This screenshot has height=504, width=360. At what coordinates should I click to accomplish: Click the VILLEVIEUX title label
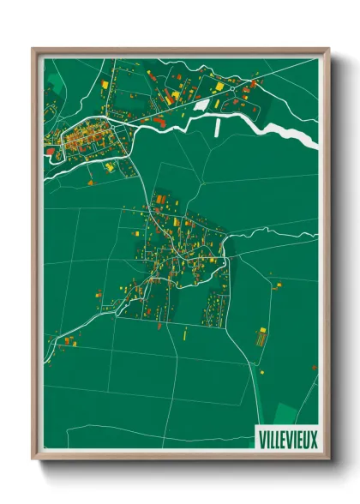287,440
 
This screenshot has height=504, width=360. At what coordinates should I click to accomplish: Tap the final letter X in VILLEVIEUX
314,440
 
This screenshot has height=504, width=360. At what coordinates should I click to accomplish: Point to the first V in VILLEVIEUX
261,440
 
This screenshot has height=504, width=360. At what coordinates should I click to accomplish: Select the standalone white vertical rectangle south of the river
217,128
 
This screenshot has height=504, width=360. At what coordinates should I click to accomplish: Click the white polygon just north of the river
202,105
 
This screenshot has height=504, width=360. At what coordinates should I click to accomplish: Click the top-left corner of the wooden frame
33,48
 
